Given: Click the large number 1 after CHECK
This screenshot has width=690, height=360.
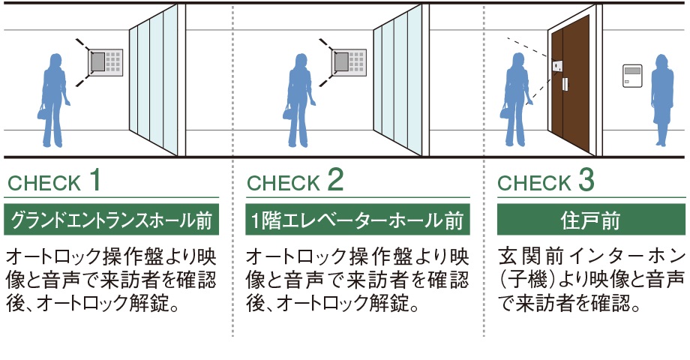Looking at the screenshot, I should [94, 180].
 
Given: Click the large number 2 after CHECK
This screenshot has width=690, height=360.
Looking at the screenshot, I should [335, 180].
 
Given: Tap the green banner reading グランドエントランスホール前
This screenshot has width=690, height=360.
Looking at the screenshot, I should [112, 220].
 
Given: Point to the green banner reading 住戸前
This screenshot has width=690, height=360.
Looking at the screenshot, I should [591, 220].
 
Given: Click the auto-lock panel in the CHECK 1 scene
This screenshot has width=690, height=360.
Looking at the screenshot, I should [106, 61].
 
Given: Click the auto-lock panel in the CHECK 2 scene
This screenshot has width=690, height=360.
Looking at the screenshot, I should [349, 61].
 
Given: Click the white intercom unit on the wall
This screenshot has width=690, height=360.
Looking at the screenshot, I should [632, 76].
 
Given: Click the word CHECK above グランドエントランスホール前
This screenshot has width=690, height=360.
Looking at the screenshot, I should [43, 183].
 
